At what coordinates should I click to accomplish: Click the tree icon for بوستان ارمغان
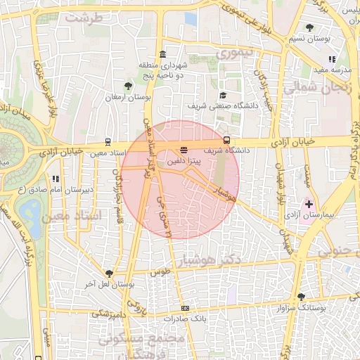[x=128, y=86]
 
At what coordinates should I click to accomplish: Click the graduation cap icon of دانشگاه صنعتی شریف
[x=223, y=95]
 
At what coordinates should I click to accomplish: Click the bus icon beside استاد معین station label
[x=108, y=142]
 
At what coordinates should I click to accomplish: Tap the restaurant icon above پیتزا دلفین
[x=184, y=150]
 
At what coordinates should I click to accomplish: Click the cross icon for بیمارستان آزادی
[x=309, y=203]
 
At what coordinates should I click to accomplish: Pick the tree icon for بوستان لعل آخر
[x=108, y=273]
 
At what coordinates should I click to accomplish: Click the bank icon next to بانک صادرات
[x=185, y=308]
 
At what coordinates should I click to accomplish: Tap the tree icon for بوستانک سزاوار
[x=302, y=297]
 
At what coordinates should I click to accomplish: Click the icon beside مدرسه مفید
[x=332, y=59]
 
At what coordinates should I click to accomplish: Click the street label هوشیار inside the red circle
[x=224, y=195]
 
